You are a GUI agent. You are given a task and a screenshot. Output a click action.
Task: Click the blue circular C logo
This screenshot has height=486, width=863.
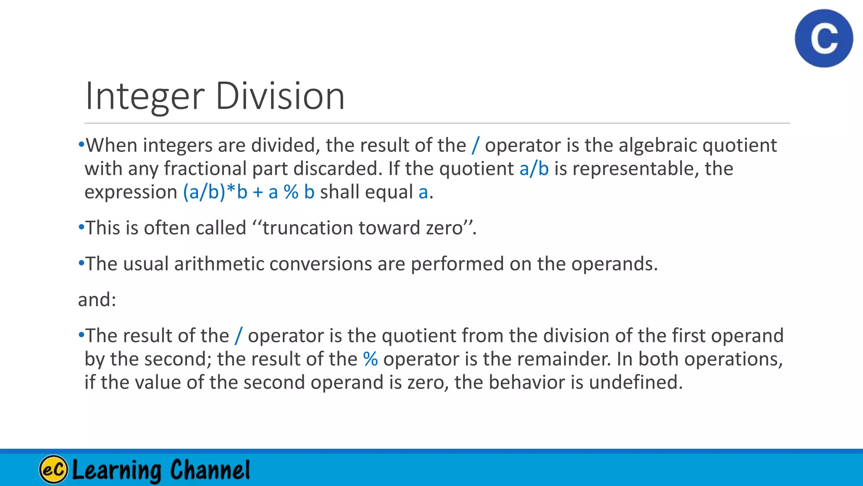(x=824, y=38)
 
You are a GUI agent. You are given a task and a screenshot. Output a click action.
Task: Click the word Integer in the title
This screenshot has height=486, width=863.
(x=145, y=97)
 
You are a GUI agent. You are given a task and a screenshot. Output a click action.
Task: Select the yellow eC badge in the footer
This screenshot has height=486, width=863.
(x=54, y=469)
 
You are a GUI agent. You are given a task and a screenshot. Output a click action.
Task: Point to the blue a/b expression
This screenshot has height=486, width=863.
(x=534, y=169)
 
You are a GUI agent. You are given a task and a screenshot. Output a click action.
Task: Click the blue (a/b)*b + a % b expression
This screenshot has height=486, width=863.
(x=249, y=192)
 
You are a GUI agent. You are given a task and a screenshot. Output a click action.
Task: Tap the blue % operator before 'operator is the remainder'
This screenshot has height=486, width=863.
(x=370, y=359)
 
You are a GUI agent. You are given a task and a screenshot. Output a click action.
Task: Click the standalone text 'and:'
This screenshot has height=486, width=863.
(x=97, y=300)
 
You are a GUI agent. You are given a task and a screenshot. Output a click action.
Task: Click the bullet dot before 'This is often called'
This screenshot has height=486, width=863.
(x=81, y=227)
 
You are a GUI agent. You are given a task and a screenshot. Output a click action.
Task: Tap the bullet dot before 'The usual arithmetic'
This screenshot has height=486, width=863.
(x=81, y=263)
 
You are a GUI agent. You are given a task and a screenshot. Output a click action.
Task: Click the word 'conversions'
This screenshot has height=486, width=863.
(x=320, y=264)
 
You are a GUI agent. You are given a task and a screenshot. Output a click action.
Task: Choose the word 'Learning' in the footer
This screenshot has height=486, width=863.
(x=117, y=470)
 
